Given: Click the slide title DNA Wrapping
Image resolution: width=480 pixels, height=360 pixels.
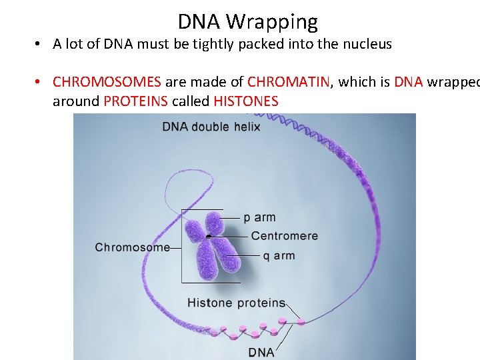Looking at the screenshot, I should click(x=247, y=22).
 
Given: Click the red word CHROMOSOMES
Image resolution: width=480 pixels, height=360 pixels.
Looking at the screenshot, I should click(x=107, y=82).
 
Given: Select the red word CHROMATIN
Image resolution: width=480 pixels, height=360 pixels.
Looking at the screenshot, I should click(x=288, y=82).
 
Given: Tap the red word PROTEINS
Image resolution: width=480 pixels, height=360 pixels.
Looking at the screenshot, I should click(x=135, y=101).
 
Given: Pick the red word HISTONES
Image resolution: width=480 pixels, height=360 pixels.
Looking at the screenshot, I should click(x=246, y=101).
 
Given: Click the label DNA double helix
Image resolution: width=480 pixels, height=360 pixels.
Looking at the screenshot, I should click(x=211, y=127).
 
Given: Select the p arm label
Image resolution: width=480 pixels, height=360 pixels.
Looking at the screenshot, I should click(x=259, y=217).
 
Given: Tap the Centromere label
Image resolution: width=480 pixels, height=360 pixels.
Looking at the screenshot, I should click(x=285, y=236).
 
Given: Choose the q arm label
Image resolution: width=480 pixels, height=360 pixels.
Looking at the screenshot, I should click(x=279, y=255).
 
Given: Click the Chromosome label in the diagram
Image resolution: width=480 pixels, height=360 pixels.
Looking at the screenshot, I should click(x=132, y=247).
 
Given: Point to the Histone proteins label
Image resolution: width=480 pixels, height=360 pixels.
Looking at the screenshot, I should click(x=236, y=303).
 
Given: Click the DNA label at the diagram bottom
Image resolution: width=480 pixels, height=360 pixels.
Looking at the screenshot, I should click(x=261, y=351).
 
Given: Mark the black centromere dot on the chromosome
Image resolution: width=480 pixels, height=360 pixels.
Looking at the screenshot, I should click(x=209, y=236).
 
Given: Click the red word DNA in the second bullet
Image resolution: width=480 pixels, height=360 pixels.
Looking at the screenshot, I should click(x=408, y=82).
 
